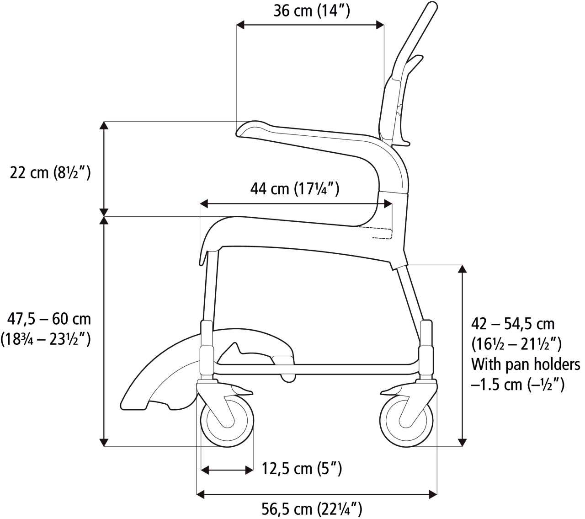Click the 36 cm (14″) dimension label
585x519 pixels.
tap(312, 11)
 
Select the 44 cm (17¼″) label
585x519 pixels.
tap(295, 188)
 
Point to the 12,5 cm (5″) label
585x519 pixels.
tap(302, 468)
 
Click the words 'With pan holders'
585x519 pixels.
tap(526, 364)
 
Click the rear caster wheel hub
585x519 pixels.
tap(406, 421)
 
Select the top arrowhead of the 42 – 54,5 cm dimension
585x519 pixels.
tap(463, 269)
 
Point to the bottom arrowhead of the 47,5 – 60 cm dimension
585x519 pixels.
tap(105, 442)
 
